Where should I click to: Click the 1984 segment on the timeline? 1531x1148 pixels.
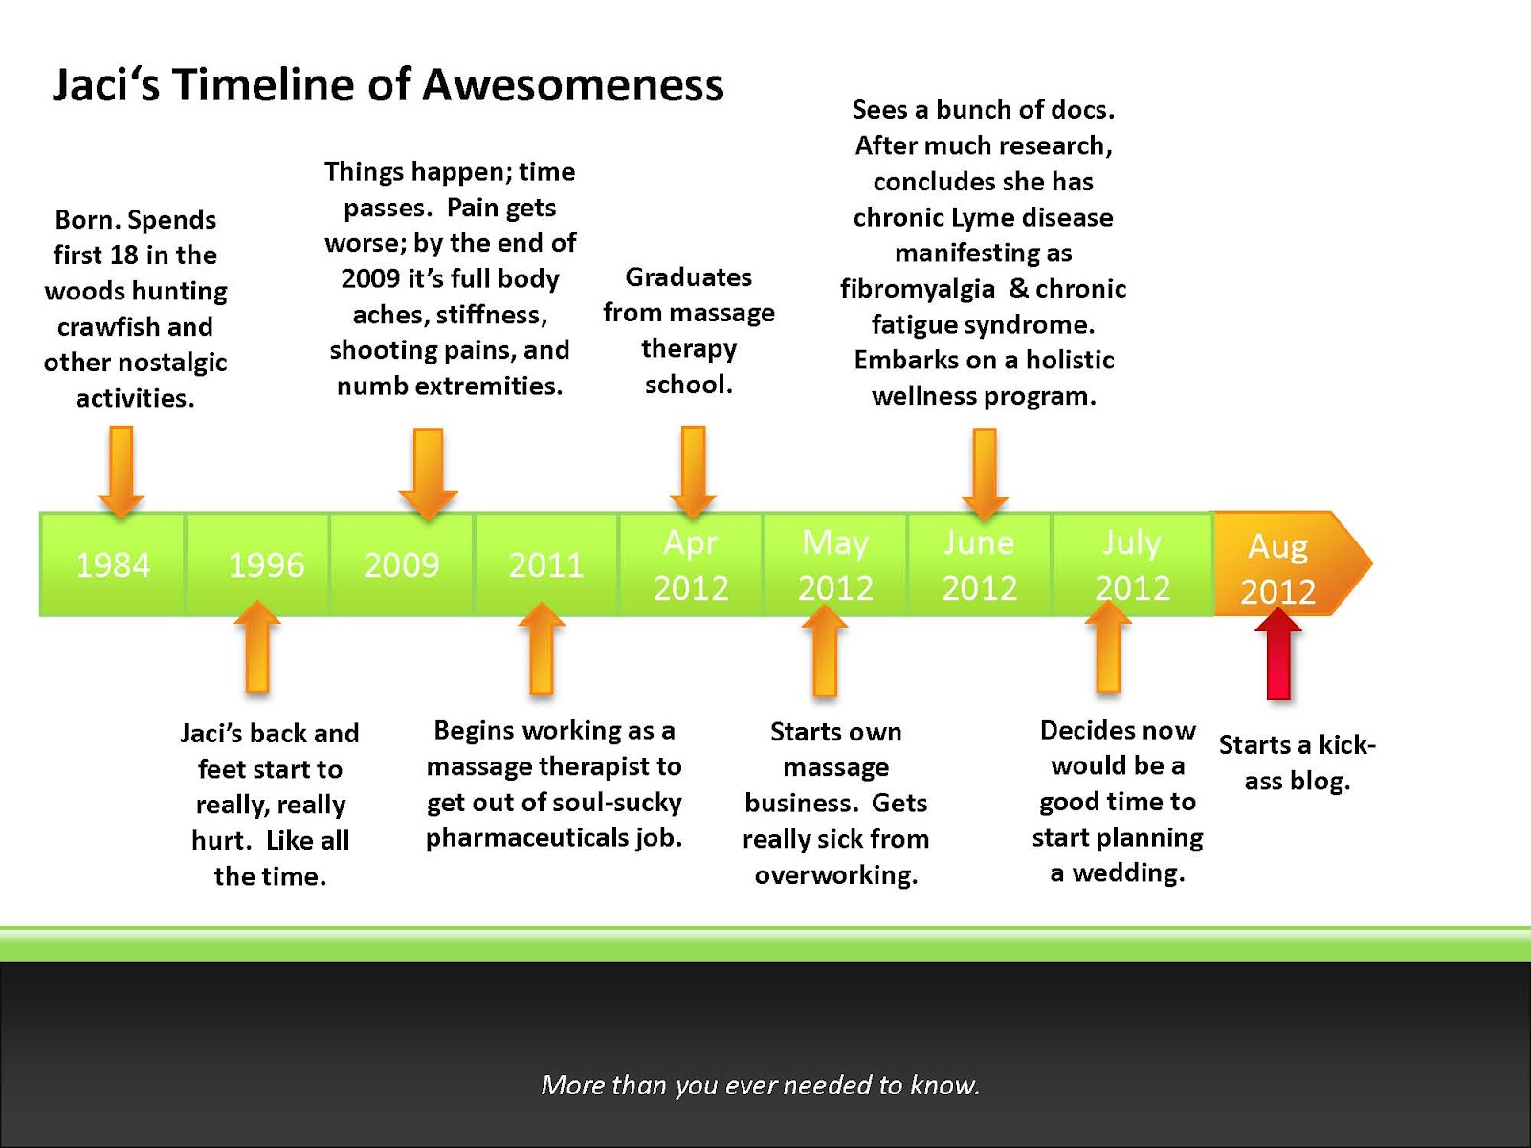(112, 563)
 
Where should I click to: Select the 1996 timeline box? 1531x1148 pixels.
(257, 563)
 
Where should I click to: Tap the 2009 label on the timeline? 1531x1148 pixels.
(402, 564)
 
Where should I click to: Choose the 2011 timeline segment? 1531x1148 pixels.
(546, 563)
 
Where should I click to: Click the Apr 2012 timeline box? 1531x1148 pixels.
(691, 563)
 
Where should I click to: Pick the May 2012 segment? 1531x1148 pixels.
(835, 563)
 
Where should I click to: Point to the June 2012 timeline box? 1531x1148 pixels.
(980, 563)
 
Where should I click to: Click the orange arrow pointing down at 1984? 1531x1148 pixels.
(122, 472)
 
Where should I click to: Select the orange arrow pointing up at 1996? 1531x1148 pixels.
(257, 646)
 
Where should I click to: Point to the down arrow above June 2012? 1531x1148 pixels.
(985, 474)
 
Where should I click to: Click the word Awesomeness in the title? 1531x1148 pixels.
(572, 85)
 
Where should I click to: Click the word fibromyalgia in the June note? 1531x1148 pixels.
(918, 289)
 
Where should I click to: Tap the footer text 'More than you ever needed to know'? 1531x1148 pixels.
(761, 1085)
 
